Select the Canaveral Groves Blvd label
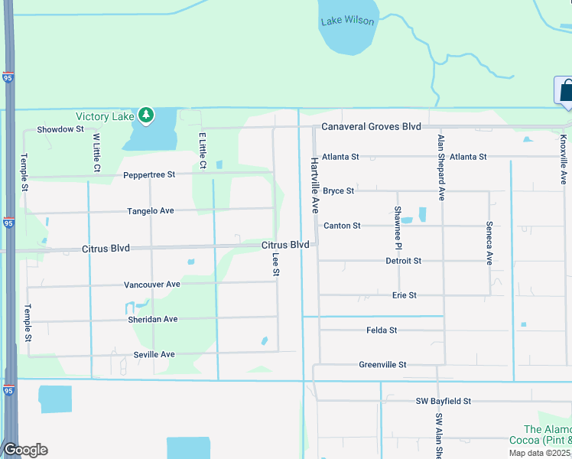(372, 126)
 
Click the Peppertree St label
(149, 174)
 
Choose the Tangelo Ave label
(151, 210)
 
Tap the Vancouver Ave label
(152, 285)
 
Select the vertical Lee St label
(275, 265)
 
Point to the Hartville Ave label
(314, 185)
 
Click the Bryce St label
(338, 190)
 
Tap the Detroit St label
(403, 261)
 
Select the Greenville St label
(382, 365)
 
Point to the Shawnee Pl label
(398, 228)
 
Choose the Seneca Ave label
(489, 243)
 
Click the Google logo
(25, 450)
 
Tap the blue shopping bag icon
(566, 91)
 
